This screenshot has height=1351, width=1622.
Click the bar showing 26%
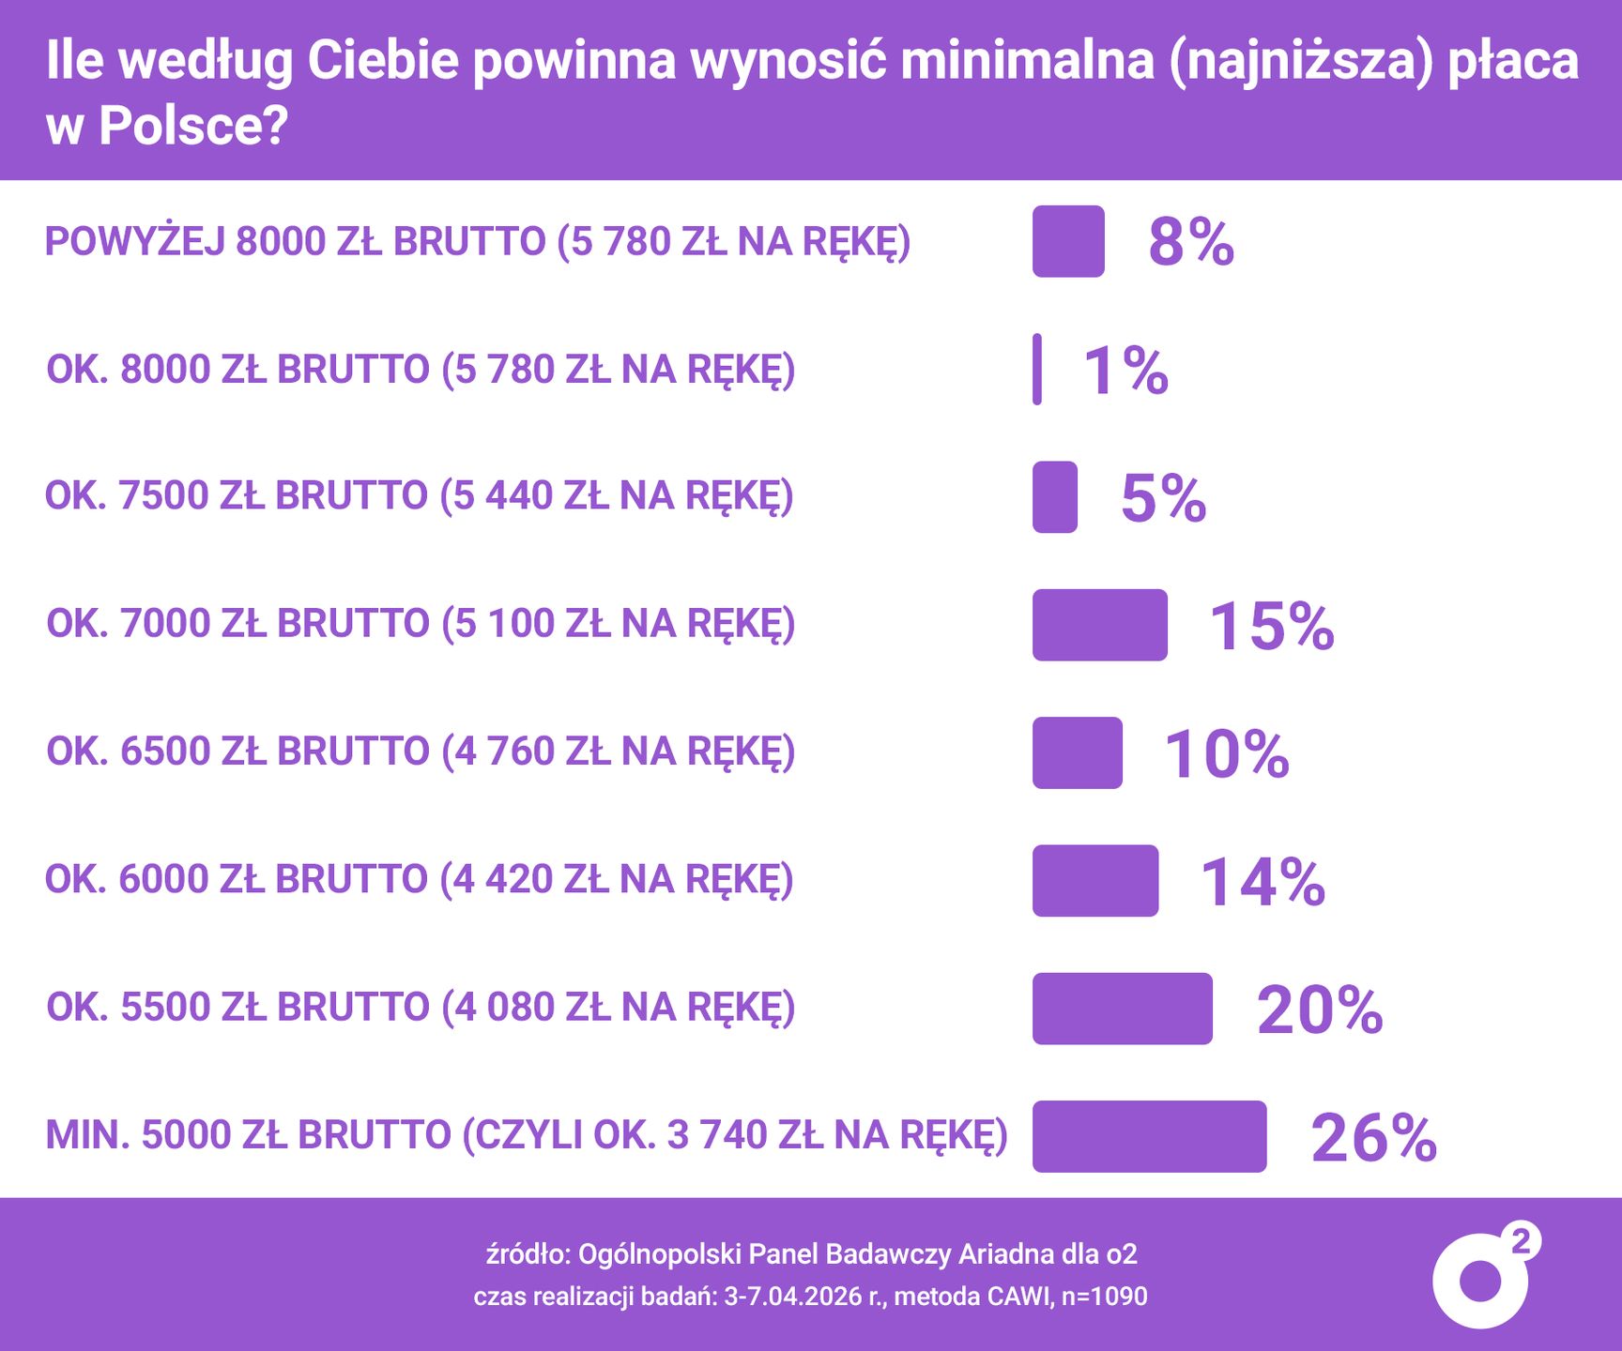(x=1149, y=1136)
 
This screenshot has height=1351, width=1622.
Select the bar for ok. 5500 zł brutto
(x=1122, y=1009)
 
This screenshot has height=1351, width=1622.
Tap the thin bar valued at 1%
(x=1037, y=370)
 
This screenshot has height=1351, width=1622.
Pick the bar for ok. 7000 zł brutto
(x=1099, y=625)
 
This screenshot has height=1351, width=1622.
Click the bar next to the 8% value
(x=1068, y=241)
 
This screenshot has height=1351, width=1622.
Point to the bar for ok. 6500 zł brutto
(x=1077, y=752)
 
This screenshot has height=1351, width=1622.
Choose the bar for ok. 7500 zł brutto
(x=1054, y=497)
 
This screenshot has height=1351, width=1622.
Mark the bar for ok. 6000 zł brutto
(x=1094, y=880)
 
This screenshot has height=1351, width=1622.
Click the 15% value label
(x=1271, y=626)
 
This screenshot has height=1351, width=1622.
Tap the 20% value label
(x=1319, y=1009)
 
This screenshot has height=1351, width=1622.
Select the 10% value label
(x=1226, y=753)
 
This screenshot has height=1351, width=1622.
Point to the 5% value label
(x=1163, y=498)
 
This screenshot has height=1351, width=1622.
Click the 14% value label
(x=1262, y=882)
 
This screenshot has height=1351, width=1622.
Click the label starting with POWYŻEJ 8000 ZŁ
(x=478, y=242)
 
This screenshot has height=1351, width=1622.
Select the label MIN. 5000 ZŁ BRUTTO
(x=527, y=1135)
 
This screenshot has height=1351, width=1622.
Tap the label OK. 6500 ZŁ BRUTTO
(x=421, y=751)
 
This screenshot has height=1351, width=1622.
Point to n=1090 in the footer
(x=1104, y=1297)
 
